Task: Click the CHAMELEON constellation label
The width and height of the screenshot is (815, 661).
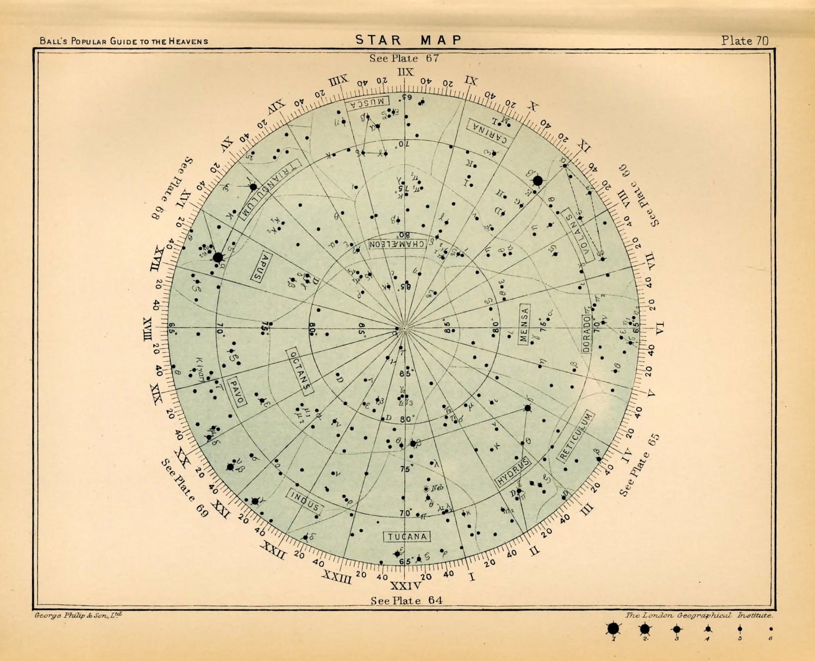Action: tap(397, 244)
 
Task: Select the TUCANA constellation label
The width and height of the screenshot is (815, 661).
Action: tap(407, 537)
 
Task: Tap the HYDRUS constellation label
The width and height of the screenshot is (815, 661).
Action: tap(512, 473)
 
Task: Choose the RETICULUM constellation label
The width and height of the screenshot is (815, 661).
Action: tap(576, 436)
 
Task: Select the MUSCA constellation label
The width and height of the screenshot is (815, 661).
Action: tap(369, 102)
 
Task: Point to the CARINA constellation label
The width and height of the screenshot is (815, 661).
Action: tap(489, 132)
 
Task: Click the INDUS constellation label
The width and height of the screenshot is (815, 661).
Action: tap(305, 502)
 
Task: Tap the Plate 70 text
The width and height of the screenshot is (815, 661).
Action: tap(744, 40)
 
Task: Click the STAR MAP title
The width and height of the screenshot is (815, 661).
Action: tap(408, 40)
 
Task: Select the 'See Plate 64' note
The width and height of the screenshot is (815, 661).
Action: tap(406, 600)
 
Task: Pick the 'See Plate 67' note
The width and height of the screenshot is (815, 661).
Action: tap(404, 58)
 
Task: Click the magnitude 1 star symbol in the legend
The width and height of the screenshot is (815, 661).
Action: tap(613, 629)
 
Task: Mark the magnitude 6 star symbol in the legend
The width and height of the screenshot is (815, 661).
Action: tap(770, 629)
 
